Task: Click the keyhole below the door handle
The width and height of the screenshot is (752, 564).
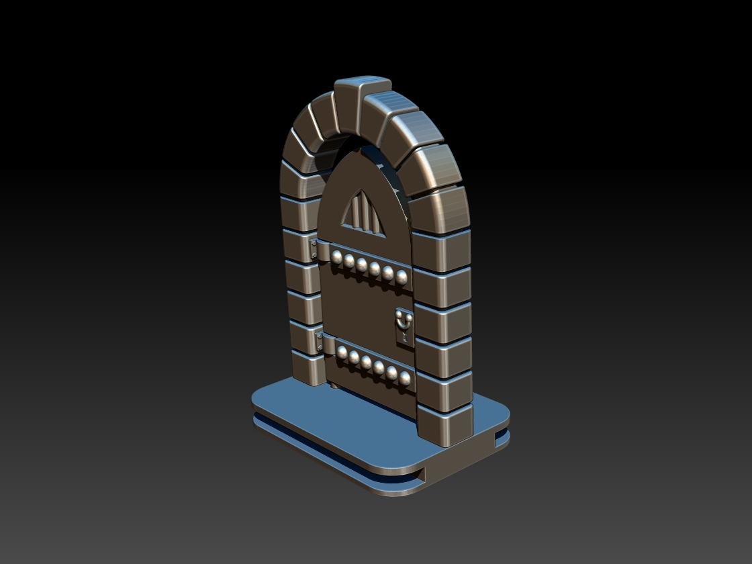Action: click(x=404, y=336)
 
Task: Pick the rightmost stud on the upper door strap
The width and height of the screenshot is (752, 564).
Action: click(x=402, y=277)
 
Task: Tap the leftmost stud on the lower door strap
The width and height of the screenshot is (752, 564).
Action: click(x=342, y=352)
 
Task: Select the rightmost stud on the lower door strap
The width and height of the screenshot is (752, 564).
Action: click(x=405, y=378)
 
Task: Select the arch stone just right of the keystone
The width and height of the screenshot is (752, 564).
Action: click(x=391, y=110)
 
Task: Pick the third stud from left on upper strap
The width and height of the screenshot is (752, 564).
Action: click(x=362, y=264)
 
